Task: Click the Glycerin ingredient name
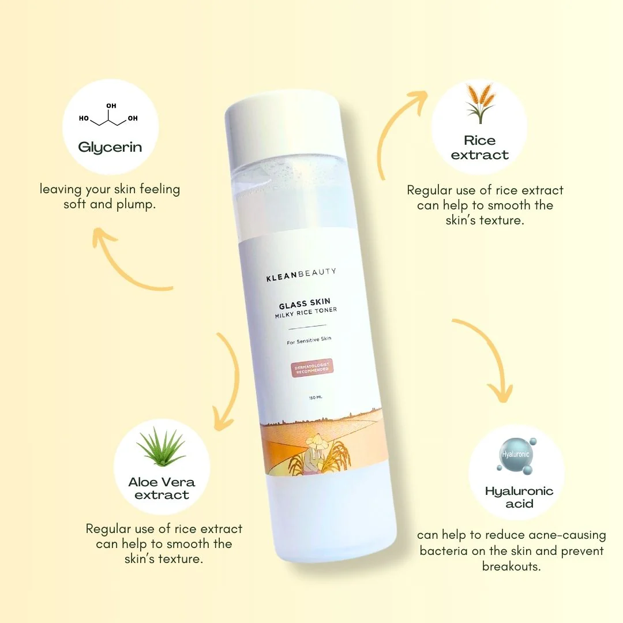110,147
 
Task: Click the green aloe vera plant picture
162,448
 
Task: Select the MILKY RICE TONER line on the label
306,311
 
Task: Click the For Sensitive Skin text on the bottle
309,341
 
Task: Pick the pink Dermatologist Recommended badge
312,367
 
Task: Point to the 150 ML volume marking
315,397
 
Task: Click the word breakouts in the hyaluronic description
511,566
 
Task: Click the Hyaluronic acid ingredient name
519,497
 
